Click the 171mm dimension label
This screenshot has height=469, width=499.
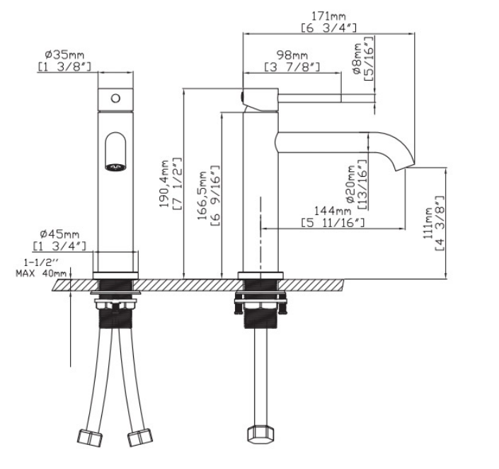[x=328, y=16]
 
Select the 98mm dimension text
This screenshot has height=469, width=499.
[x=292, y=55]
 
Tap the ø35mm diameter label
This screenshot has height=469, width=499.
[x=64, y=54]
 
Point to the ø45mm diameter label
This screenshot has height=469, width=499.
[x=59, y=234]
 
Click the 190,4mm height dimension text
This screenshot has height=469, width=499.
[x=164, y=184]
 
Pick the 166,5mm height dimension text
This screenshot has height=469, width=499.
[x=202, y=195]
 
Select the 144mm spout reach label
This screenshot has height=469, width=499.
[x=333, y=211]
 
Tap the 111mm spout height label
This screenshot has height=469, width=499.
[x=428, y=224]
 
